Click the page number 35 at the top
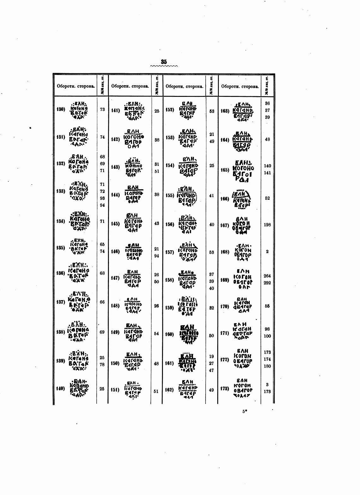click(164, 62)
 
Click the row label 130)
click(61, 109)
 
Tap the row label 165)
click(225, 170)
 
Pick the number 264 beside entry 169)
click(267, 276)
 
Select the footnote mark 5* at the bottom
click(244, 411)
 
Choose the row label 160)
click(170, 334)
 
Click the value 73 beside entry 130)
click(102, 109)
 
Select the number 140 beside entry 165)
click(267, 166)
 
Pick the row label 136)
click(61, 273)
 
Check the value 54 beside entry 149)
click(156, 333)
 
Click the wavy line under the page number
click(164, 66)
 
